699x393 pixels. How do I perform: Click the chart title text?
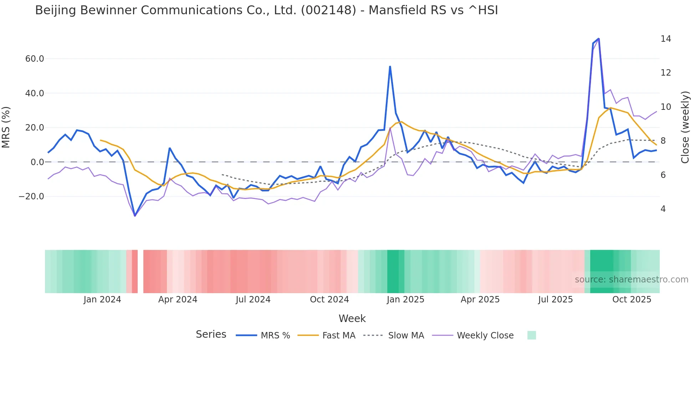click(266, 10)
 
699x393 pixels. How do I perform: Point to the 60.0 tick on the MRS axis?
click(35, 59)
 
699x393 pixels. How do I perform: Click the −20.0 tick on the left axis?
click(32, 196)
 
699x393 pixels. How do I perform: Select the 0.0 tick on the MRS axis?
click(37, 162)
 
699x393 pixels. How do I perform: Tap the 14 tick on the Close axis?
click(665, 39)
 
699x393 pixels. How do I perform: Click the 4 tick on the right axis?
click(663, 209)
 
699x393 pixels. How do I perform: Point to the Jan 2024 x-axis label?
click(102, 300)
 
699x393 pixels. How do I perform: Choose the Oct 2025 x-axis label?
click(632, 300)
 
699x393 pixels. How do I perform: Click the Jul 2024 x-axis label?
click(253, 300)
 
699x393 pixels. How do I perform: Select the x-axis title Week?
click(352, 318)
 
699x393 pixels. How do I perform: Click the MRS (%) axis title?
click(6, 127)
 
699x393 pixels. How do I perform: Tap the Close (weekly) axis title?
click(685, 127)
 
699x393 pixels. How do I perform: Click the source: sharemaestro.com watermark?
click(631, 280)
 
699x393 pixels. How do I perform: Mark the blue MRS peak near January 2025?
click(390, 66)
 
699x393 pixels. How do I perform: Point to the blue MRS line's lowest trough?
click(135, 216)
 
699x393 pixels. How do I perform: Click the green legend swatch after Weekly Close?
click(531, 336)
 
